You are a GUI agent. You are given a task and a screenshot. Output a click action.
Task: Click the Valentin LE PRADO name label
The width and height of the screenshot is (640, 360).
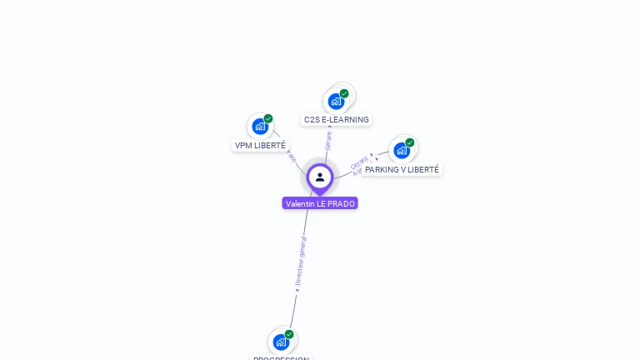point(320,203)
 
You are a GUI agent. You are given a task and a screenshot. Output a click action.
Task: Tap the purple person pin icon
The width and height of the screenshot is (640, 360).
point(320,177)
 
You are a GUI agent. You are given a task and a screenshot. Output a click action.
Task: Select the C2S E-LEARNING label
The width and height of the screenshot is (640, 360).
point(336,120)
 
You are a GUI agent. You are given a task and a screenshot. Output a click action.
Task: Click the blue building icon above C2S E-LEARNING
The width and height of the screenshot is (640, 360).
point(336,102)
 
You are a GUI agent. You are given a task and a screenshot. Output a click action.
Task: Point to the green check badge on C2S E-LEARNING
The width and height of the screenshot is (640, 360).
point(344,93)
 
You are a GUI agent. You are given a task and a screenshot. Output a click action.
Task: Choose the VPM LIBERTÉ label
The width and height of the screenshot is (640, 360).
point(260,145)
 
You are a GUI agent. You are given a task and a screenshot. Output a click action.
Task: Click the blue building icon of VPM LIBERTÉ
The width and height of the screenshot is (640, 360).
point(260,127)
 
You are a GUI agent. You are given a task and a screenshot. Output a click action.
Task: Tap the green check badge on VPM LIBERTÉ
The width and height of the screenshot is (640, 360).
point(268,118)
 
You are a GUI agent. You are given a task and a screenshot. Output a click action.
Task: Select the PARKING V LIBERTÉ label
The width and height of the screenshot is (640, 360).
point(402,169)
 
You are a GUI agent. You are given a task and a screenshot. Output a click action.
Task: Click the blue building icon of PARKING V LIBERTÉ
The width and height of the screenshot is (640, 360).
point(402,151)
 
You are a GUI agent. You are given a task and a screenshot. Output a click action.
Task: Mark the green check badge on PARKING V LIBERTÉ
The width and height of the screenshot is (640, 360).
point(410,142)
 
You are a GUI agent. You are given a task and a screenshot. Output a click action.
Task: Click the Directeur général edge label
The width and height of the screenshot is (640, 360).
point(302,262)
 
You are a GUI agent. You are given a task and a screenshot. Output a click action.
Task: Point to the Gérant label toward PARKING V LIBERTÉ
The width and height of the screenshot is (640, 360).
point(360,161)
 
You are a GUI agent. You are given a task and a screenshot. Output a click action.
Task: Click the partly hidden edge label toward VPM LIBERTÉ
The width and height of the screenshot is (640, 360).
point(291,154)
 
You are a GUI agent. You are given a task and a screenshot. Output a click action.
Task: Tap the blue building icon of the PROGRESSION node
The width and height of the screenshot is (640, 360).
point(281,342)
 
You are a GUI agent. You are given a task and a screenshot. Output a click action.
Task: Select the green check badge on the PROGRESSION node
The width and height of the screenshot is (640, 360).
point(289,334)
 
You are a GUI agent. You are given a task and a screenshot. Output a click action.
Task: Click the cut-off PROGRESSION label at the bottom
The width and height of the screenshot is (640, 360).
point(281,358)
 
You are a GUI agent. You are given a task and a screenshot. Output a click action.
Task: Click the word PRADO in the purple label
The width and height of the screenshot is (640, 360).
point(341,203)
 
